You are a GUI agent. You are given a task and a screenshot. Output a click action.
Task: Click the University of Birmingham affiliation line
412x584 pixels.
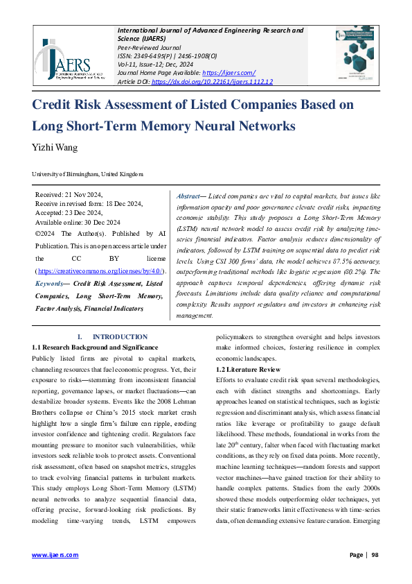(88, 174)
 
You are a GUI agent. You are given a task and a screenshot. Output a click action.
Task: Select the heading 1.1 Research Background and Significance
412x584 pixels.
(95, 347)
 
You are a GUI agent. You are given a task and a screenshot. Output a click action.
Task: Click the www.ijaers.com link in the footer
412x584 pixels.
(55, 555)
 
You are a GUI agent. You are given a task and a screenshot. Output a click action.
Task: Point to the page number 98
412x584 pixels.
(375, 555)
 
